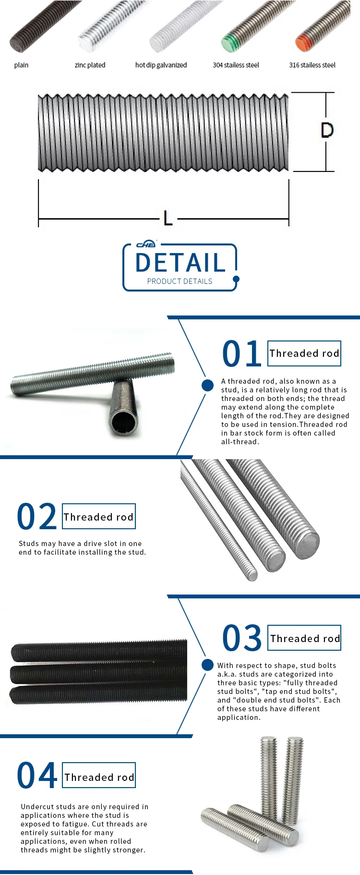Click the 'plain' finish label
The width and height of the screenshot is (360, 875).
[21, 65]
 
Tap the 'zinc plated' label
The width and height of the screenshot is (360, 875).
[90, 65]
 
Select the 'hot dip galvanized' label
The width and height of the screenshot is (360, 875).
[161, 65]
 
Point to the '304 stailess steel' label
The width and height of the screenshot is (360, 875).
[236, 65]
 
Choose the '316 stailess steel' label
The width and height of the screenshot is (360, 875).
[312, 65]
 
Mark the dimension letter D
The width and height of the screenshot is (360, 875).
[327, 130]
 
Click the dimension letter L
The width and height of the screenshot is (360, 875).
[168, 219]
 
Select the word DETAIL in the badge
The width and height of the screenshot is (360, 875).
[180, 263]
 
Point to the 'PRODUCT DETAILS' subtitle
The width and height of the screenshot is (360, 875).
[180, 281]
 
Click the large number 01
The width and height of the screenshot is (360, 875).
[242, 354]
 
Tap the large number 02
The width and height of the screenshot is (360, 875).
[37, 517]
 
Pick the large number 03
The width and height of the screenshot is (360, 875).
[242, 639]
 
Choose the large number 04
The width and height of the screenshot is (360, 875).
[37, 776]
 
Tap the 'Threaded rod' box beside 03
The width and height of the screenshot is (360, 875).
[304, 638]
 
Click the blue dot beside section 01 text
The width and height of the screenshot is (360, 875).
[208, 385]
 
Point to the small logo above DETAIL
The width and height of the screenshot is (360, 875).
[146, 244]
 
